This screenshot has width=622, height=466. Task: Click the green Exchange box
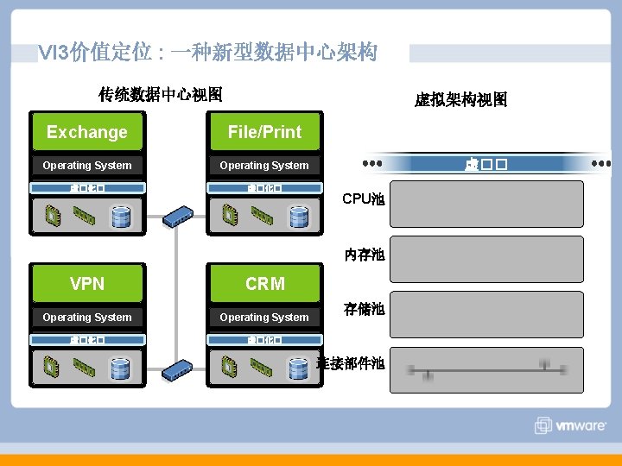pyautogui.click(x=87, y=132)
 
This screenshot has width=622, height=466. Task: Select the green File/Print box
pyautogui.click(x=264, y=132)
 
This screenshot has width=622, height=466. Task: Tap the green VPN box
pyautogui.click(x=87, y=284)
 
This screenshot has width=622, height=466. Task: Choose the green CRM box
pyautogui.click(x=264, y=284)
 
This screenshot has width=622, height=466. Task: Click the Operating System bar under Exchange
pyautogui.click(x=87, y=166)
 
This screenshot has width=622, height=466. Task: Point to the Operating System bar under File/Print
pyautogui.click(x=264, y=166)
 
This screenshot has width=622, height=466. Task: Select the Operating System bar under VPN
pyautogui.click(x=87, y=318)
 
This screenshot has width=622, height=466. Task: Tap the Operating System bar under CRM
pyautogui.click(x=264, y=318)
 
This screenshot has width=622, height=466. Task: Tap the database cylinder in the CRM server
pyautogui.click(x=299, y=368)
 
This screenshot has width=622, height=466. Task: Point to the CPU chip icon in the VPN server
pyautogui.click(x=53, y=368)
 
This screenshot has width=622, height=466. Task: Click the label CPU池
pyautogui.click(x=364, y=199)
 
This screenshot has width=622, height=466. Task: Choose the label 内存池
pyautogui.click(x=364, y=255)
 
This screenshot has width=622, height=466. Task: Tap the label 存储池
pyautogui.click(x=364, y=309)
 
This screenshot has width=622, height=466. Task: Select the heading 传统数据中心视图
pyautogui.click(x=161, y=94)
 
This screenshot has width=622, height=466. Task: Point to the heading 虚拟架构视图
pyautogui.click(x=460, y=100)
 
